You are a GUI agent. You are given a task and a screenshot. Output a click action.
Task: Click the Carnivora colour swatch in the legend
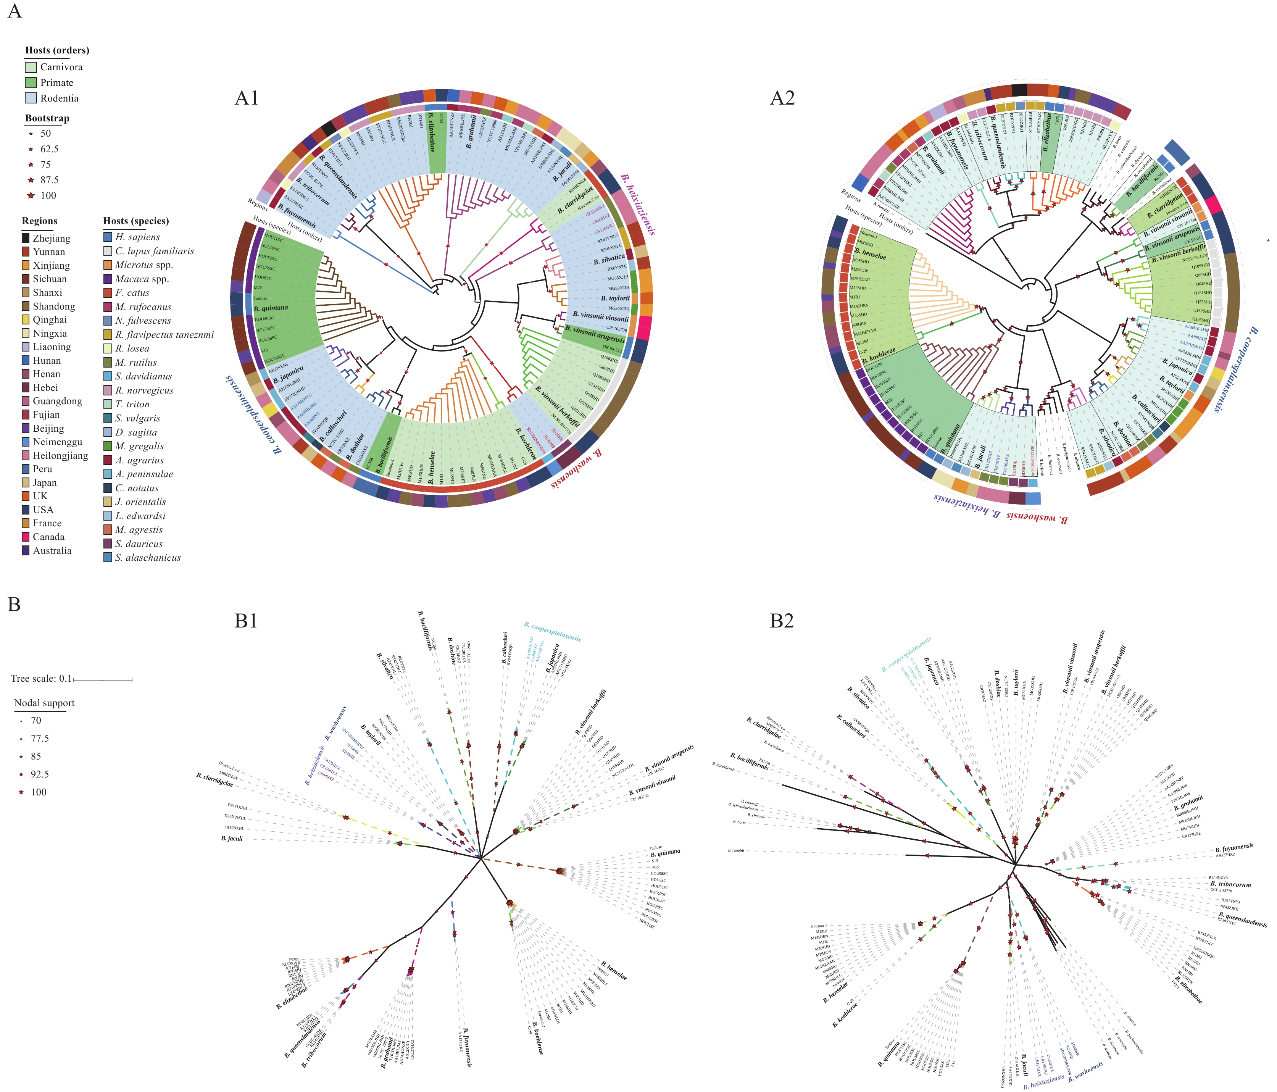tap(31, 67)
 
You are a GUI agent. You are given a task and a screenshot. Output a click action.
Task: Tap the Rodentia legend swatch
tap(31, 98)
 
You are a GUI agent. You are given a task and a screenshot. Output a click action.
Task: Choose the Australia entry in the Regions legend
tap(52, 550)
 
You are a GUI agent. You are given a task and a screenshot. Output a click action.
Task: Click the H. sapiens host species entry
tap(137, 237)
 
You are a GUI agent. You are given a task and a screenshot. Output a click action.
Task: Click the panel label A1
tap(247, 98)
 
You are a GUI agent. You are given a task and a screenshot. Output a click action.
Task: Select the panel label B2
tap(782, 621)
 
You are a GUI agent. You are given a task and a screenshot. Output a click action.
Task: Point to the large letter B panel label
tap(14, 605)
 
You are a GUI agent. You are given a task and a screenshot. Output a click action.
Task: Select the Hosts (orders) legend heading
tap(57, 50)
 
